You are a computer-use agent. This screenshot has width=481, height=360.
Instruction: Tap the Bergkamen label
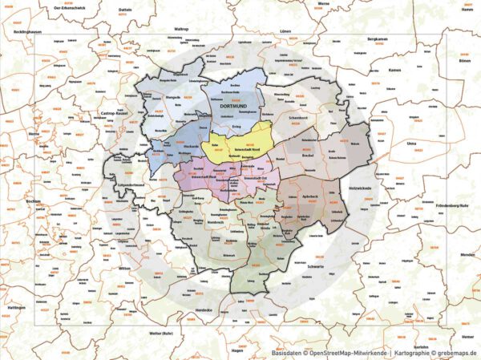(x=378, y=38)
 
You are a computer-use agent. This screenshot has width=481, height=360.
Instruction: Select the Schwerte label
(x=316, y=266)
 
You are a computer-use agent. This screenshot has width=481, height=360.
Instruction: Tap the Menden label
(x=467, y=254)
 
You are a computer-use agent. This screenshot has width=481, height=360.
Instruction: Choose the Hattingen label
(x=17, y=308)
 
